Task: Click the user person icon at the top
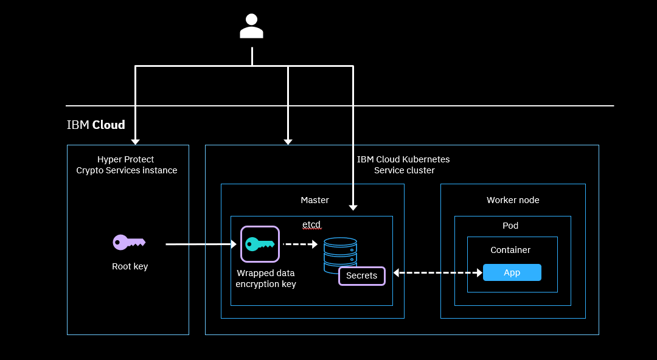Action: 251,27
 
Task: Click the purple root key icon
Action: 129,242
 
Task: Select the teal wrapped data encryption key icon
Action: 260,244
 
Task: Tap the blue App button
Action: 512,272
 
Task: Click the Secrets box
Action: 361,276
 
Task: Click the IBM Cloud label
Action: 96,125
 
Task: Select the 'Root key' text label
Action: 130,266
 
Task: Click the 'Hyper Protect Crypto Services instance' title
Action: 127,165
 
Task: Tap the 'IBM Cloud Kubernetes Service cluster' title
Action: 404,165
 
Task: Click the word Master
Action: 315,200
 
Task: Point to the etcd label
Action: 311,224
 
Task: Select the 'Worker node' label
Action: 513,200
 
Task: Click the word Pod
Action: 510,226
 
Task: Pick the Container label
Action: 510,250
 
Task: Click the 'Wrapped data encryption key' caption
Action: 266,279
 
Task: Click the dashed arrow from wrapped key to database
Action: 300,244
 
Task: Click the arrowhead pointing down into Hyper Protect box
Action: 135,140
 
